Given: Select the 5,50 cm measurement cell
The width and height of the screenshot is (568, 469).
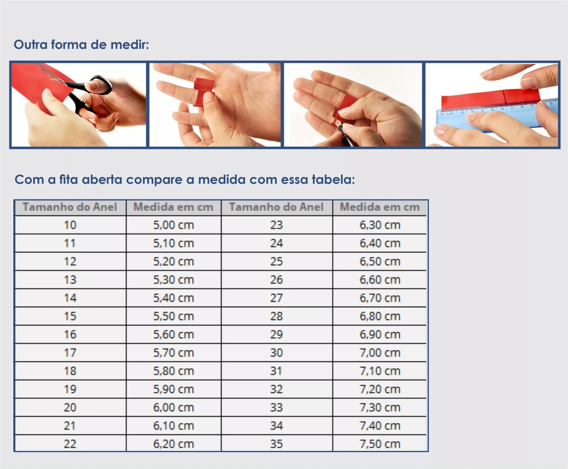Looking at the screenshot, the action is (x=174, y=316).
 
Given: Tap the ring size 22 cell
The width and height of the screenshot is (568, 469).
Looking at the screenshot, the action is (x=70, y=444).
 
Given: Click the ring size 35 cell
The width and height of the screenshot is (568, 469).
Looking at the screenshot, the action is (x=276, y=444).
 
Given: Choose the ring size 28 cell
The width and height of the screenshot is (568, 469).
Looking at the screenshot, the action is (x=276, y=316).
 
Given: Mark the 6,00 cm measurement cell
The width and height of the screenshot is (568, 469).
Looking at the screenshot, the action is (x=174, y=407).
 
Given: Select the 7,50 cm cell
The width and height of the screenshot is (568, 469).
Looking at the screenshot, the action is (x=380, y=444).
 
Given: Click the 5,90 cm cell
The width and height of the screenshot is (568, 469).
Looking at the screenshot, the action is (x=174, y=389).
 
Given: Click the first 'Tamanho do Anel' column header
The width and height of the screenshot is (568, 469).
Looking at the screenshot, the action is (x=70, y=207).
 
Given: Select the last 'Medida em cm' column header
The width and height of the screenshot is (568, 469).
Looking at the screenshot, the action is (x=380, y=207).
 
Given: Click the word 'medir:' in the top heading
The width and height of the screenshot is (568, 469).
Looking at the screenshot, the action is (x=130, y=45).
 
